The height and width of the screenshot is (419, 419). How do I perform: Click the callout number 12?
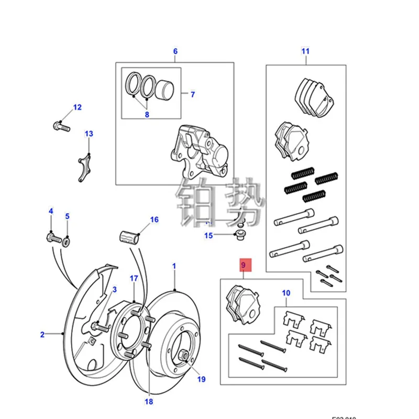(x=78, y=108)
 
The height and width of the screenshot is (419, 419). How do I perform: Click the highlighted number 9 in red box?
(x=244, y=266)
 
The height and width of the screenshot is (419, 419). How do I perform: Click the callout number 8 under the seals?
(x=147, y=115)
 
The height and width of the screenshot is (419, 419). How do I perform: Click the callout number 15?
(x=208, y=236)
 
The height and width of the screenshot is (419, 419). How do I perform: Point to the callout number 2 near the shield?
(x=43, y=333)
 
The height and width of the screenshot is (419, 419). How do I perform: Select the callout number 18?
(x=149, y=402)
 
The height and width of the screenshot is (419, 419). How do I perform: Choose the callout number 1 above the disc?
(x=174, y=266)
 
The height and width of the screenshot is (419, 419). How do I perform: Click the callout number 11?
(x=305, y=51)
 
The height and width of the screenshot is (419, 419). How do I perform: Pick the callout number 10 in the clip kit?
(x=285, y=293)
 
